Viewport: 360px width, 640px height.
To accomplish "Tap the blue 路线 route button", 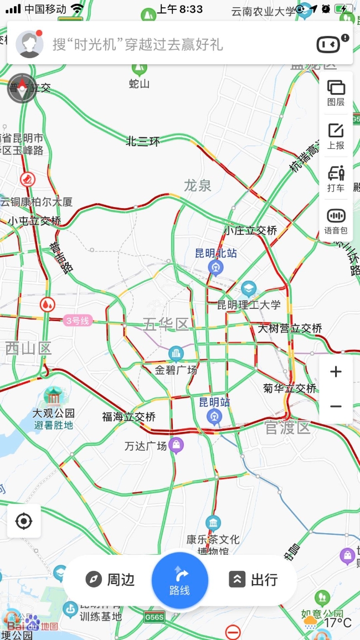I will (180, 580).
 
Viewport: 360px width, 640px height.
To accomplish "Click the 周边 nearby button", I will (110, 580).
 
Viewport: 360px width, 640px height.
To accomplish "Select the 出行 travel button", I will (253, 580).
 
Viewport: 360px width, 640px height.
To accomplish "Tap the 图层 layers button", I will (336, 92).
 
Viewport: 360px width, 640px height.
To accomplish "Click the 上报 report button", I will (336, 136).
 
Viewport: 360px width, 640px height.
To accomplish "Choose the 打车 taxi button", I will (336, 178).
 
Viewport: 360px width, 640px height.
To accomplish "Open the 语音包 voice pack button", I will (336, 221).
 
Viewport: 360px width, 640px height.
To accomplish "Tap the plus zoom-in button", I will (336, 371).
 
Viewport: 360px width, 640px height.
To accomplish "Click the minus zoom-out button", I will (336, 406).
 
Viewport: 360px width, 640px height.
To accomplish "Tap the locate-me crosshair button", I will (24, 521).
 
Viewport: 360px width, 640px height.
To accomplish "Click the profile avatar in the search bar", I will (29, 44).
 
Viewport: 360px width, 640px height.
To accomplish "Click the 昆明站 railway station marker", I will (214, 416).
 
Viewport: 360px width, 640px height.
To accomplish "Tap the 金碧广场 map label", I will (176, 369).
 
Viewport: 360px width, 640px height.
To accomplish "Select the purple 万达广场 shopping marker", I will (176, 445).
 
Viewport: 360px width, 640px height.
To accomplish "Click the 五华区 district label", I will (166, 324).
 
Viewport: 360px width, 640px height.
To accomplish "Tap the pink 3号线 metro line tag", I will (77, 320).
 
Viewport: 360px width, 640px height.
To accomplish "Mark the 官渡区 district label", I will (287, 427).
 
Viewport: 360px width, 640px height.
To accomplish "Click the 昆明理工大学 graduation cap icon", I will (249, 288).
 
